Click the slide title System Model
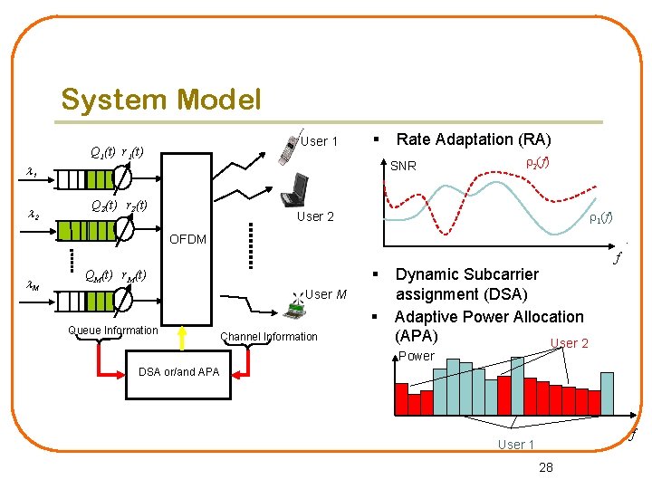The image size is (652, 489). [160, 99]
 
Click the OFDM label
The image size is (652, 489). [188, 239]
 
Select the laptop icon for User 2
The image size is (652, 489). [295, 190]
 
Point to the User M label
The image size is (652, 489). [326, 293]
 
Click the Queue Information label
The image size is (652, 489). [113, 331]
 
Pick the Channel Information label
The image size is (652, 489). [269, 337]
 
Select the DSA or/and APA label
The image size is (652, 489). [178, 371]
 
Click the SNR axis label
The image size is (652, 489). [403, 166]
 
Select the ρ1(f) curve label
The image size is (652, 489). [600, 217]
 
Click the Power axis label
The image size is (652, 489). [417, 356]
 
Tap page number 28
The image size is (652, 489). [546, 467]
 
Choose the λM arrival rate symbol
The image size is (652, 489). [32, 286]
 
